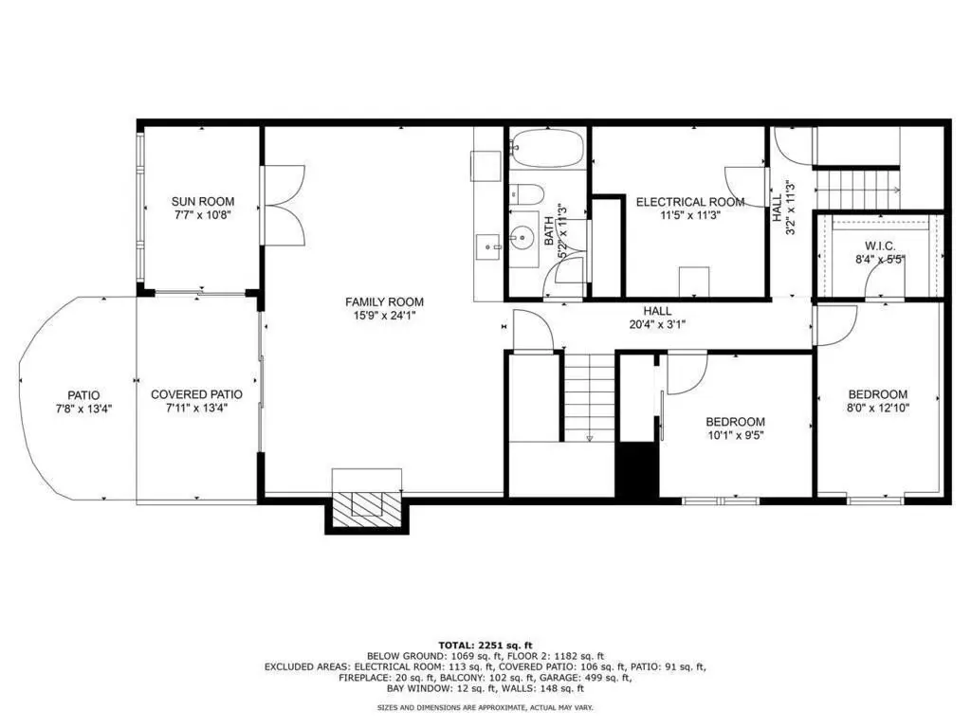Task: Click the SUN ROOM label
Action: [203, 201]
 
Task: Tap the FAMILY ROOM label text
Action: [384, 302]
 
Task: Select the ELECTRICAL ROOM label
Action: [690, 202]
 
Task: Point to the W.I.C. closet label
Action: [880, 246]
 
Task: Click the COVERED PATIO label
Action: [196, 394]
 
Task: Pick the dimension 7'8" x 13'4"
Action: [83, 409]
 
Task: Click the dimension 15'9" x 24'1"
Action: [384, 316]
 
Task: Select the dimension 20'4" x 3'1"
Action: [657, 324]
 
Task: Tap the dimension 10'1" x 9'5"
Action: [735, 435]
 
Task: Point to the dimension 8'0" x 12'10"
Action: [878, 408]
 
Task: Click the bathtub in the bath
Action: [547, 148]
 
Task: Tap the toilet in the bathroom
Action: [526, 193]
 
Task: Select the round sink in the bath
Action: [523, 236]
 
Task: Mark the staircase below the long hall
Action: [589, 396]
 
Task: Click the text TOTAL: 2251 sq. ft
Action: [485, 645]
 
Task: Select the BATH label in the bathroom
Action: [549, 230]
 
